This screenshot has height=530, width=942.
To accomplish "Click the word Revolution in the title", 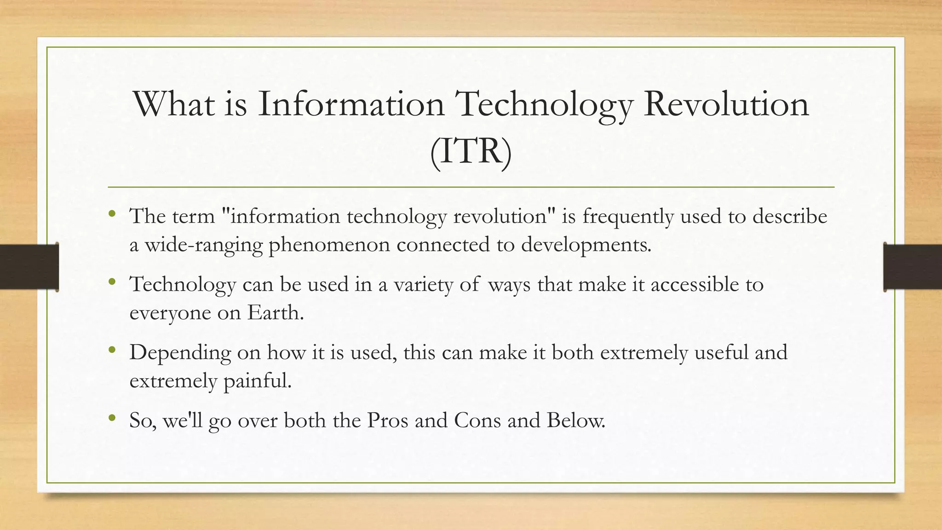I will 726,104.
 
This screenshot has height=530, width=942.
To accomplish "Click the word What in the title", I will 174,104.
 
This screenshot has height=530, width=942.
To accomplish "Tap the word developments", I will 586,245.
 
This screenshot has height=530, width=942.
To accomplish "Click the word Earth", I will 276,313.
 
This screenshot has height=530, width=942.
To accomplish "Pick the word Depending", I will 180,353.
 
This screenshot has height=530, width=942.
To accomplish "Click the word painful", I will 258,381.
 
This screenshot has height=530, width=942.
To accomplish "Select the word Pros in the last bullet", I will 387,420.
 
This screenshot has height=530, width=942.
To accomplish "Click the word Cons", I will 477,420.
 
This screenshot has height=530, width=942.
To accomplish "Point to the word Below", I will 576,420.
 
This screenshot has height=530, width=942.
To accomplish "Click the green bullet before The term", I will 112,213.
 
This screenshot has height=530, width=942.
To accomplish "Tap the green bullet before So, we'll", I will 112,418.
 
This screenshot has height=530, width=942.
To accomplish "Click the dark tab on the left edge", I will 29,267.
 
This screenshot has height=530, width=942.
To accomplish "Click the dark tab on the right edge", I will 913,267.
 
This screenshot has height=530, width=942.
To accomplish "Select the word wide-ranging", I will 204,245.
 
